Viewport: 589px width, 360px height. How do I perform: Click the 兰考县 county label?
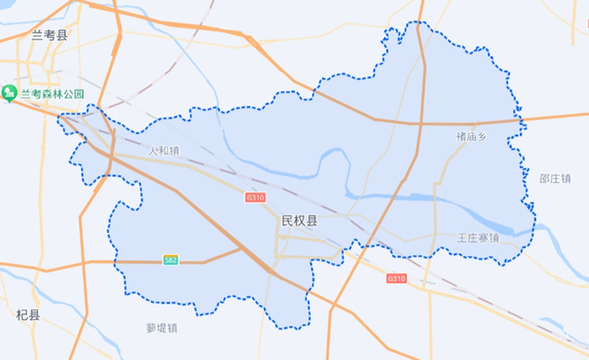click(x=49, y=34)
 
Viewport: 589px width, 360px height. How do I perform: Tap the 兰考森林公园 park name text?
click(x=52, y=93)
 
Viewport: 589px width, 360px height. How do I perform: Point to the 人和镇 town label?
click(x=164, y=151)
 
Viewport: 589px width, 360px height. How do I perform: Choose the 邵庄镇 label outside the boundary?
click(x=555, y=178)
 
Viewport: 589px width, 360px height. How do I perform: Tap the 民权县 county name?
click(x=300, y=221)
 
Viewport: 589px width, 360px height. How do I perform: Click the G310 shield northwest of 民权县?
click(x=255, y=198)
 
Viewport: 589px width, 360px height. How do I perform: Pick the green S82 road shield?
click(x=171, y=261)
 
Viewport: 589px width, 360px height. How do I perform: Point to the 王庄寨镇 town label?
click(x=478, y=238)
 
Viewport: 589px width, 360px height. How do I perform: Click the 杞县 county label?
click(x=28, y=315)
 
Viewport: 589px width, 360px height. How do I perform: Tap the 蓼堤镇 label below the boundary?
click(x=162, y=328)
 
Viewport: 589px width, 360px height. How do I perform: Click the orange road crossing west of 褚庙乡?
click(x=418, y=124)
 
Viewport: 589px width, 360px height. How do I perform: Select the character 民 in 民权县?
click(x=287, y=221)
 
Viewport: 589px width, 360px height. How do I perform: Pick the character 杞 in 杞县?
click(x=22, y=315)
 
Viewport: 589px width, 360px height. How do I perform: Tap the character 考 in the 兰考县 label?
click(x=49, y=34)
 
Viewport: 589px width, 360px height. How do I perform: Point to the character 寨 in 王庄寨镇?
click(x=483, y=238)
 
